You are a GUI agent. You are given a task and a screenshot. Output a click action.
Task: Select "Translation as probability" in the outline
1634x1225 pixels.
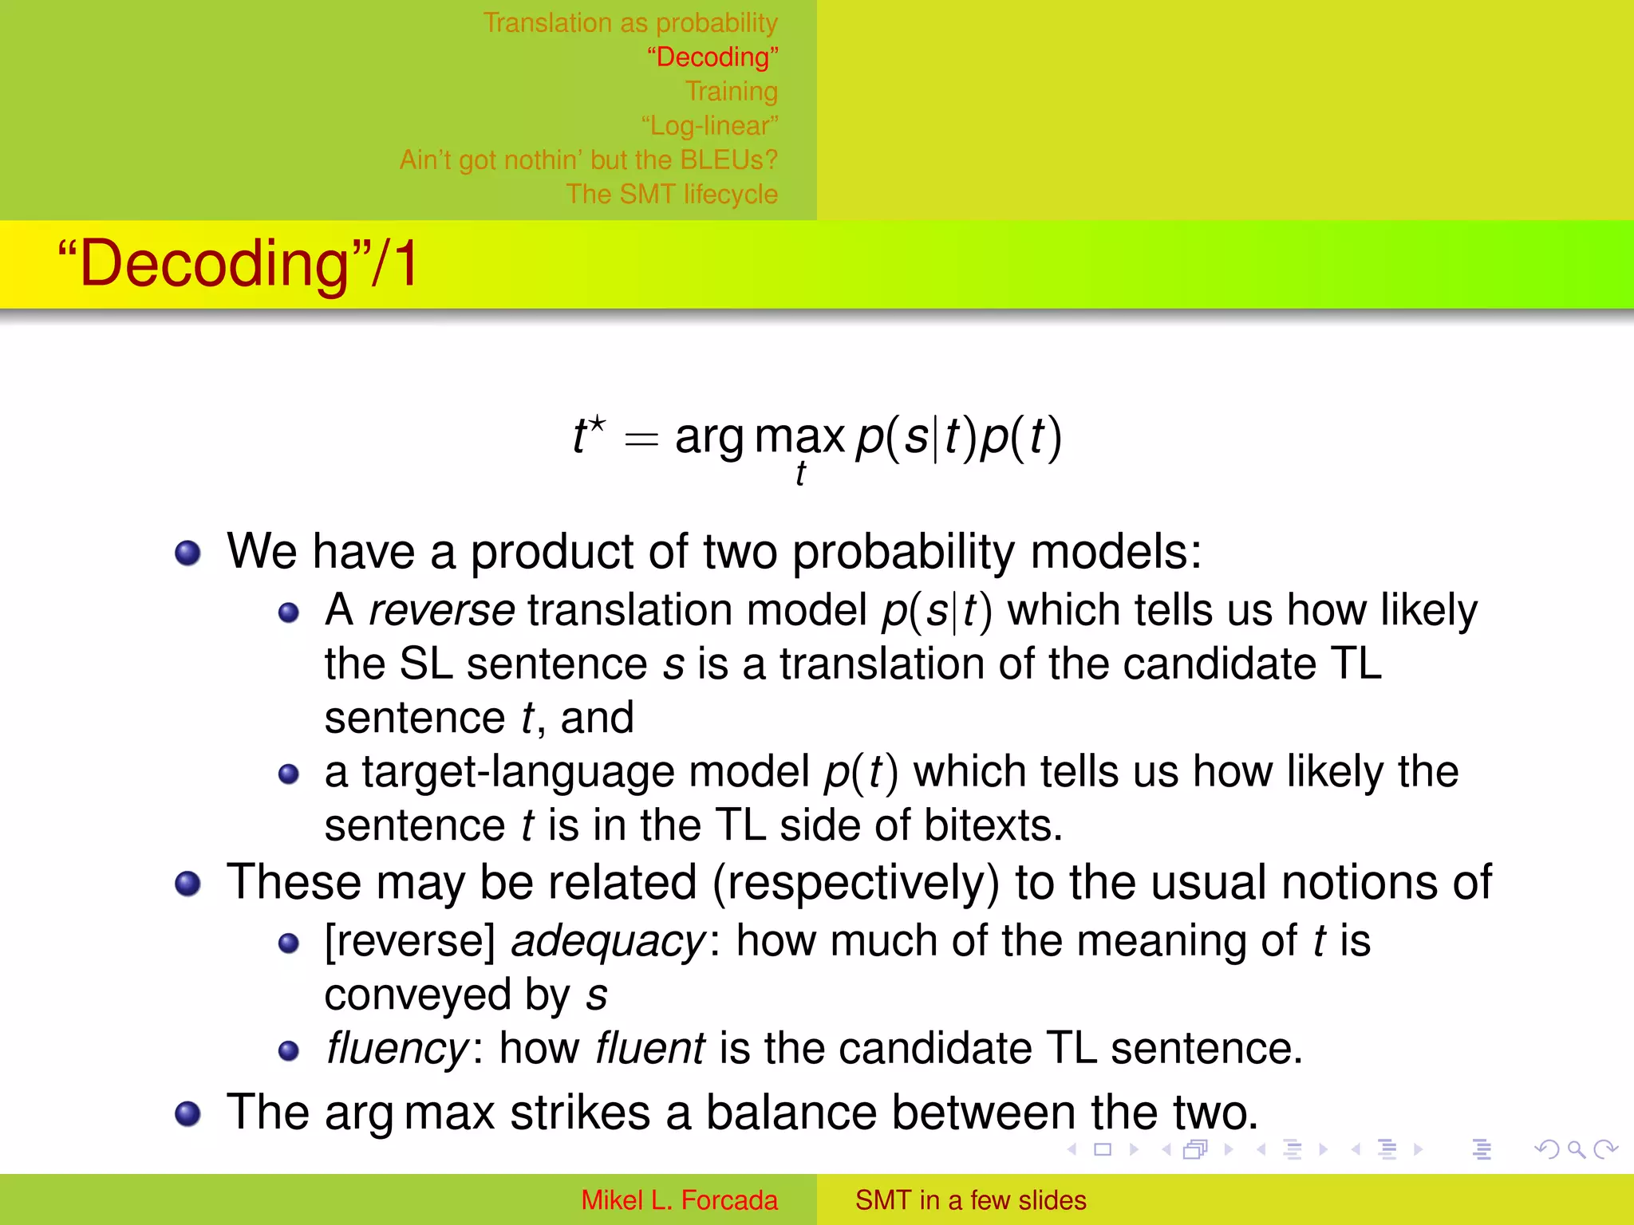[630, 23]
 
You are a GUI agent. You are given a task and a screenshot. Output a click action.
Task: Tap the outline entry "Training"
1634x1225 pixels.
[731, 92]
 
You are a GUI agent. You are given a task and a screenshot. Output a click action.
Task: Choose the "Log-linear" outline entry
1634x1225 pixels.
[709, 126]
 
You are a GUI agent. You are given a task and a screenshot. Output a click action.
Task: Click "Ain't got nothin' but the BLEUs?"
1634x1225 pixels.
[588, 160]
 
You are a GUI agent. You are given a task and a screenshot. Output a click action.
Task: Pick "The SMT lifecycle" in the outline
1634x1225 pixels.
[671, 195]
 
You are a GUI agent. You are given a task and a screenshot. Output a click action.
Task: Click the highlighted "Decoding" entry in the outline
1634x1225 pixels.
[712, 57]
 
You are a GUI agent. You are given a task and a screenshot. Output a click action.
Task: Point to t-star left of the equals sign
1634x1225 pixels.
[588, 435]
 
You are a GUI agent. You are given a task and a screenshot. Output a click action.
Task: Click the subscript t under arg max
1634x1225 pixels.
[800, 473]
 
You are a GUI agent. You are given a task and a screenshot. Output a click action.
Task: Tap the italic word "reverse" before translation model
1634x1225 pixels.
[441, 611]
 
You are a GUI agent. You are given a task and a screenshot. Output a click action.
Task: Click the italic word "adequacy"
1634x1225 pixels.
[608, 942]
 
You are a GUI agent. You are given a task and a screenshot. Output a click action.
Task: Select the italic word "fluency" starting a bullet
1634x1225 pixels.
[397, 1049]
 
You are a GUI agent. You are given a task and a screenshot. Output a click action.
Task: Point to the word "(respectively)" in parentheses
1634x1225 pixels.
[855, 884]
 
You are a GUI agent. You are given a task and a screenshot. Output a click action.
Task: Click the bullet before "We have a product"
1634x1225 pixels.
[187, 553]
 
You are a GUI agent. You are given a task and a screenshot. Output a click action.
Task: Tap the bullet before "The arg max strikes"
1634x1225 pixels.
[187, 1113]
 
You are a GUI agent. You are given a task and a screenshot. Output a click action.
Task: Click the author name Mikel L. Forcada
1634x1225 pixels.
[678, 1200]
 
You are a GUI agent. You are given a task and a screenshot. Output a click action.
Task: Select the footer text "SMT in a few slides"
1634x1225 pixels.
[970, 1200]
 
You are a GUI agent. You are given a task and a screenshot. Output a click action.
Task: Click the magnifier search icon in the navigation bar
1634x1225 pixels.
[1576, 1149]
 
